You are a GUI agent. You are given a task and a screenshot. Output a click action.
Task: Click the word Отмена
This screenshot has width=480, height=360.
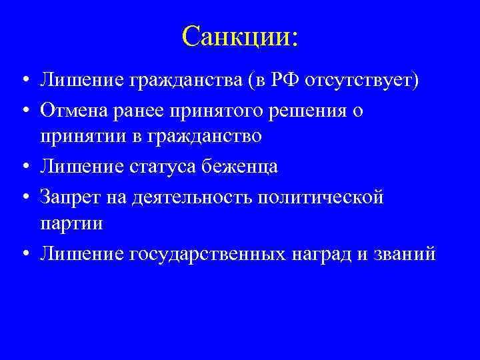[72, 110]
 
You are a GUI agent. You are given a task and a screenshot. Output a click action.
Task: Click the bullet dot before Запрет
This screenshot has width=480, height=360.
[23, 197]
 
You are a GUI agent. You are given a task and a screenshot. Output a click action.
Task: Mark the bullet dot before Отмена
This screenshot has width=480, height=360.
[23, 111]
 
